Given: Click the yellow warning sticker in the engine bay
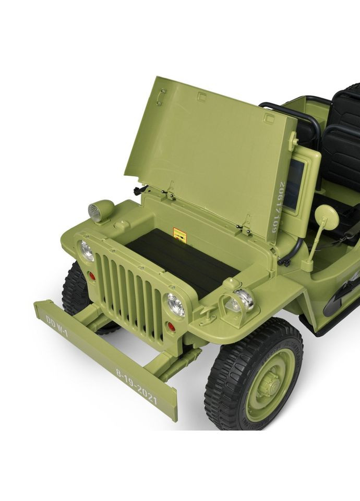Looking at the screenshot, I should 179,235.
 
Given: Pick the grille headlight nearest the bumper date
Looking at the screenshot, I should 176,304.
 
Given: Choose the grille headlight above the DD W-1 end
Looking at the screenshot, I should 87,250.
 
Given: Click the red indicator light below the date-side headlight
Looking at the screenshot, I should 171,327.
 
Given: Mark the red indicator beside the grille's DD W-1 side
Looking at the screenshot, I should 92,276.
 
